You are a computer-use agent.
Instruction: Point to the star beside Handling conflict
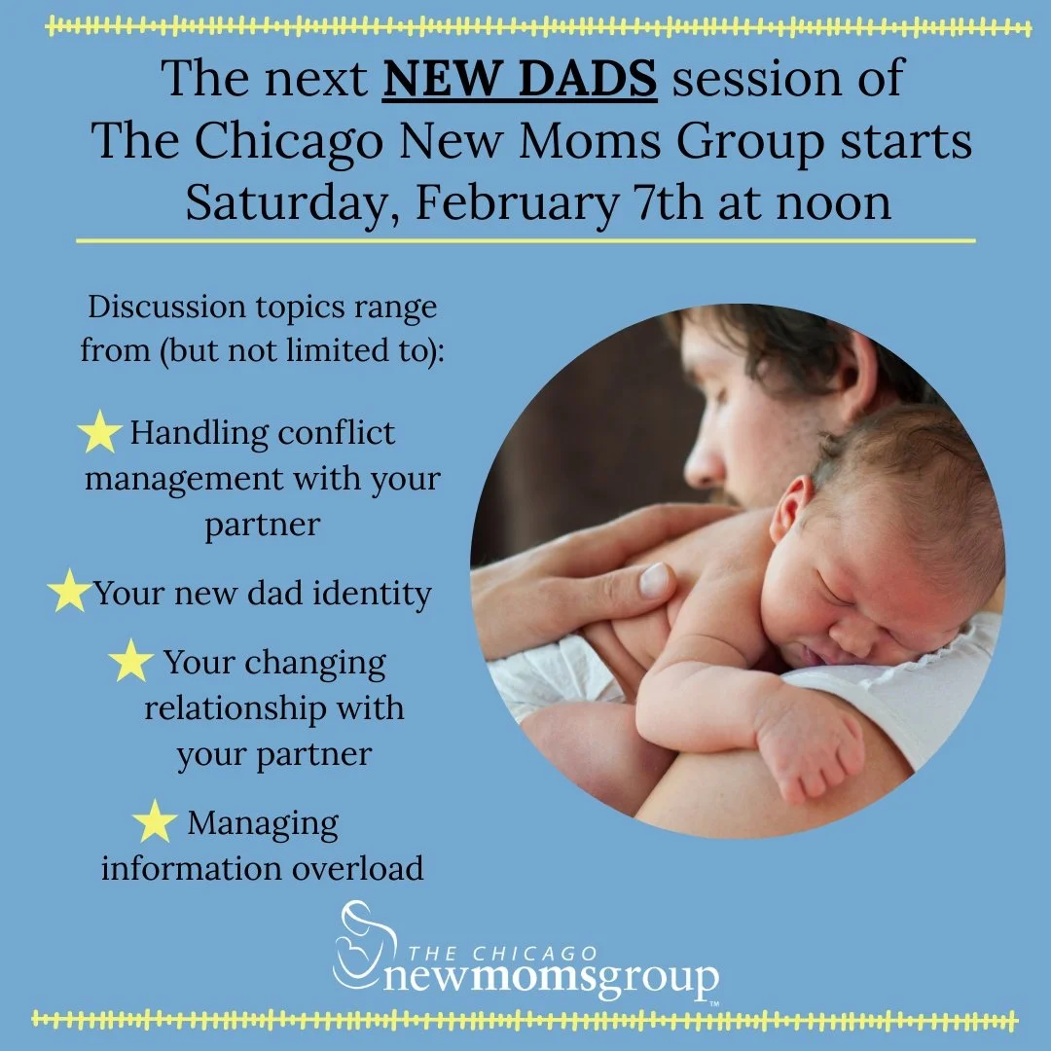coord(100,433)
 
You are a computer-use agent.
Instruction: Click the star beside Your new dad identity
coord(69,593)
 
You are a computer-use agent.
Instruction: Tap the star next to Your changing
coord(131,663)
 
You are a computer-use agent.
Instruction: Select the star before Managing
coord(155,822)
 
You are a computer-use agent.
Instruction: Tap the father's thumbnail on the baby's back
coord(654,580)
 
